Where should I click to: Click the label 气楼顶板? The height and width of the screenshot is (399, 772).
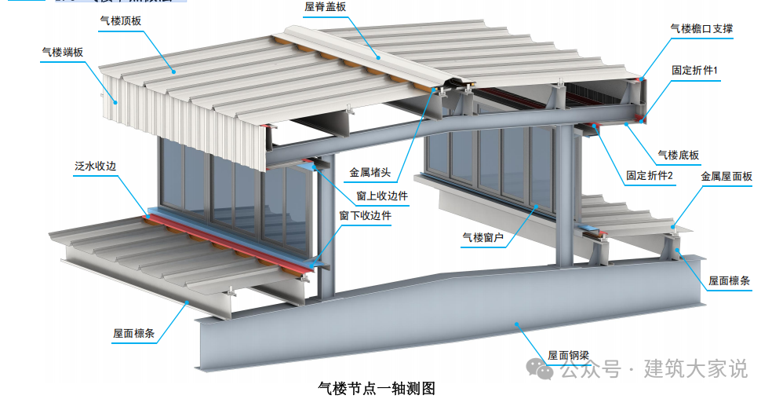121,20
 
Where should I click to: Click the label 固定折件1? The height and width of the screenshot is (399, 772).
694,71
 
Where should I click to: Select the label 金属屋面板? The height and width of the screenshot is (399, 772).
726,177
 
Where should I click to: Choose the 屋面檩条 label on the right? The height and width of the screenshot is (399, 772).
730,280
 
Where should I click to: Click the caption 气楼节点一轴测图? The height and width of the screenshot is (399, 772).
376,387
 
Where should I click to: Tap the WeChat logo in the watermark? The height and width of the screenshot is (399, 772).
539,368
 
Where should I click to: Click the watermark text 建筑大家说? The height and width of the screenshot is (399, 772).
695,368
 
